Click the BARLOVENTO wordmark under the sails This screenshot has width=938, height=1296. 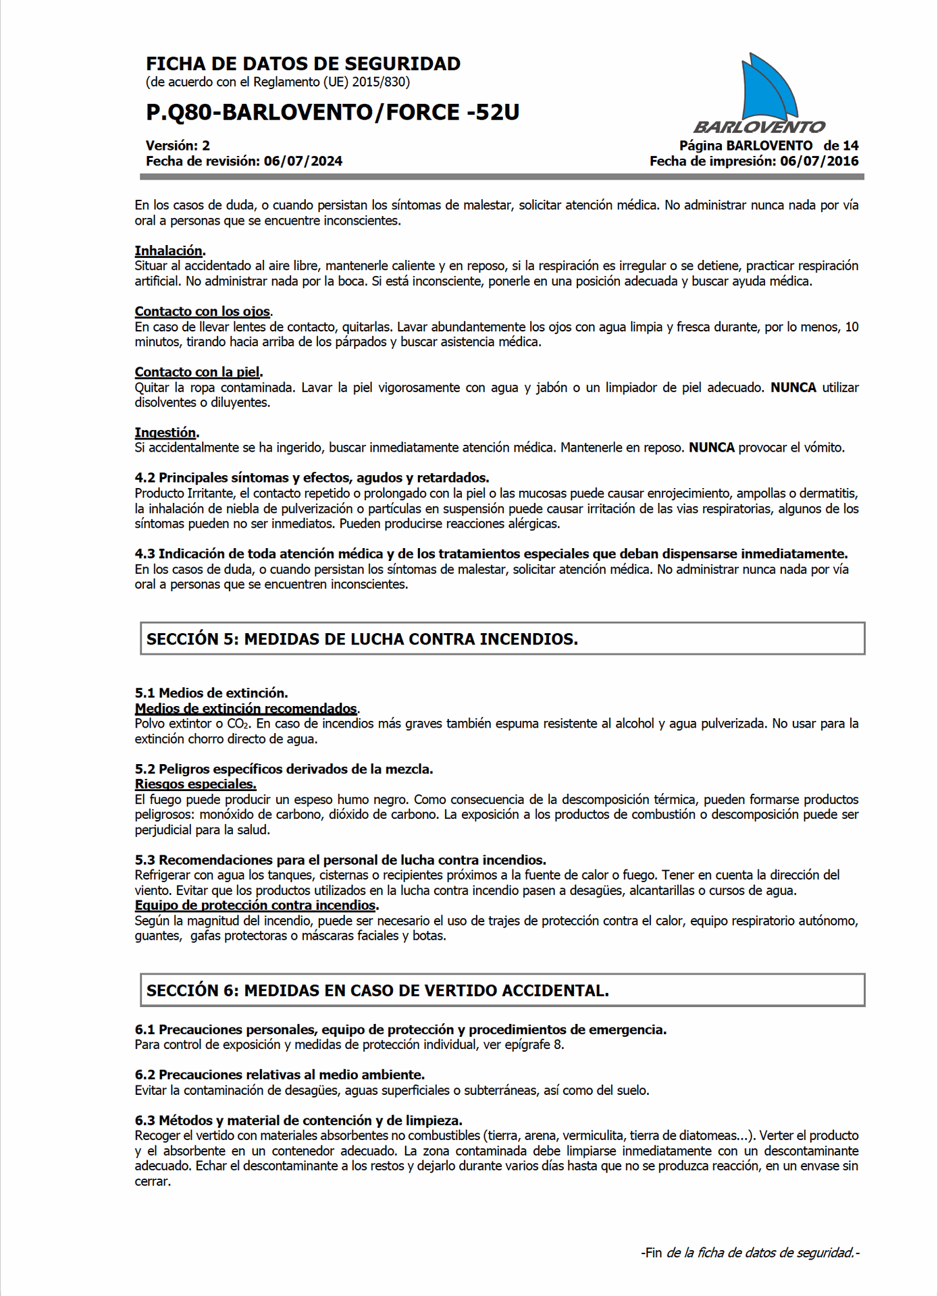point(759,127)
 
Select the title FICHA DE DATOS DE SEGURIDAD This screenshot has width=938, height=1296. point(303,64)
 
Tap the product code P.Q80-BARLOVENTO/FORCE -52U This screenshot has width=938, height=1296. point(333,112)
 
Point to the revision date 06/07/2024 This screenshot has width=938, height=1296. point(303,161)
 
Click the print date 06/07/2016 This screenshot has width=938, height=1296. point(819,161)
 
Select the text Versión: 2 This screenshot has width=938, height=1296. point(178,145)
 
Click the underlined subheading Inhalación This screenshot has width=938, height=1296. point(169,250)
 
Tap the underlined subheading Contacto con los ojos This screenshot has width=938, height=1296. point(202,311)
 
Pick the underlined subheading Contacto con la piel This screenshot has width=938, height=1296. point(197,372)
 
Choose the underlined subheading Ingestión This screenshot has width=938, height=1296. point(165,433)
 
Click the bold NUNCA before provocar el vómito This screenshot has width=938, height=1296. point(711,448)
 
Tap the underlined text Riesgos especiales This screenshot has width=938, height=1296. point(195,784)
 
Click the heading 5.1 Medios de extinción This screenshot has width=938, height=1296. point(211,693)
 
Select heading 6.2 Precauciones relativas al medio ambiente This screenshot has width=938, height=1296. point(280,1075)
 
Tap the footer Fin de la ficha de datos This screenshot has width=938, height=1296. point(750,1253)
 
